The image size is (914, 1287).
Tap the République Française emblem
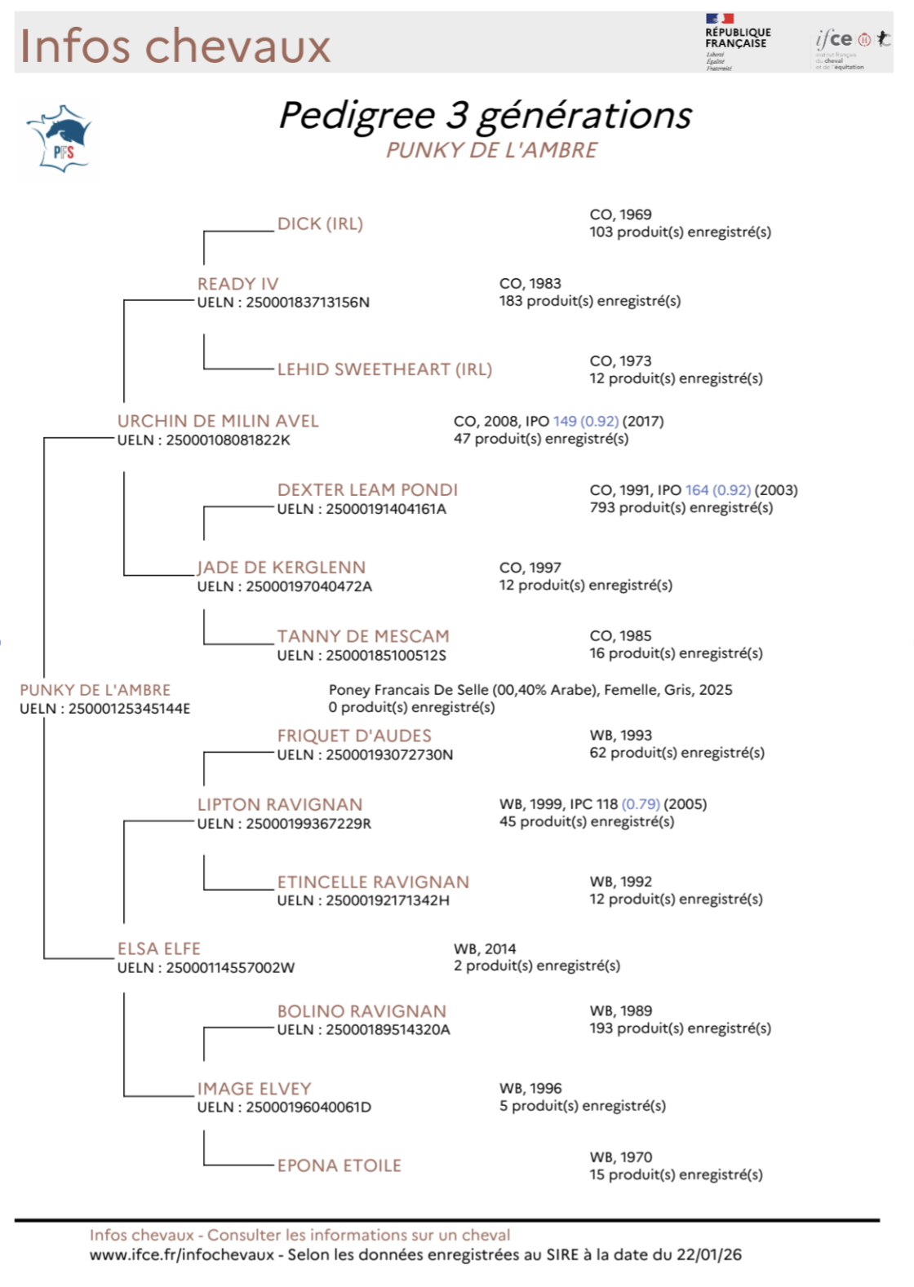click(737, 41)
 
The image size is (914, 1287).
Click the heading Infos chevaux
click(175, 46)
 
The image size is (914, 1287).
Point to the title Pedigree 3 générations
click(485, 115)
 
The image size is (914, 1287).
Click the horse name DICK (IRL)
click(320, 223)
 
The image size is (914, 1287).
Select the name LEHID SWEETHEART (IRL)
click(384, 369)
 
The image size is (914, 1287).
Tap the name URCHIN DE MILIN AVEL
click(218, 421)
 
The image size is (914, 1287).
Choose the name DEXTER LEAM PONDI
click(367, 489)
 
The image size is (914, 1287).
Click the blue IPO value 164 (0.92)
click(717, 490)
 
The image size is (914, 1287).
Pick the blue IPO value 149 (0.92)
click(585, 421)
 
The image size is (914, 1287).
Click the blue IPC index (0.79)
click(641, 804)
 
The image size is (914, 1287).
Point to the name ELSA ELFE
click(159, 949)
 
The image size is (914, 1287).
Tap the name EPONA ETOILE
click(339, 1165)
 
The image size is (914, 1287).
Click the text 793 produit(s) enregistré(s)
click(681, 508)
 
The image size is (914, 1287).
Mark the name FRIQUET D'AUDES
click(354, 736)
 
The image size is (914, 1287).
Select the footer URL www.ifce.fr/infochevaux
click(181, 1255)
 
